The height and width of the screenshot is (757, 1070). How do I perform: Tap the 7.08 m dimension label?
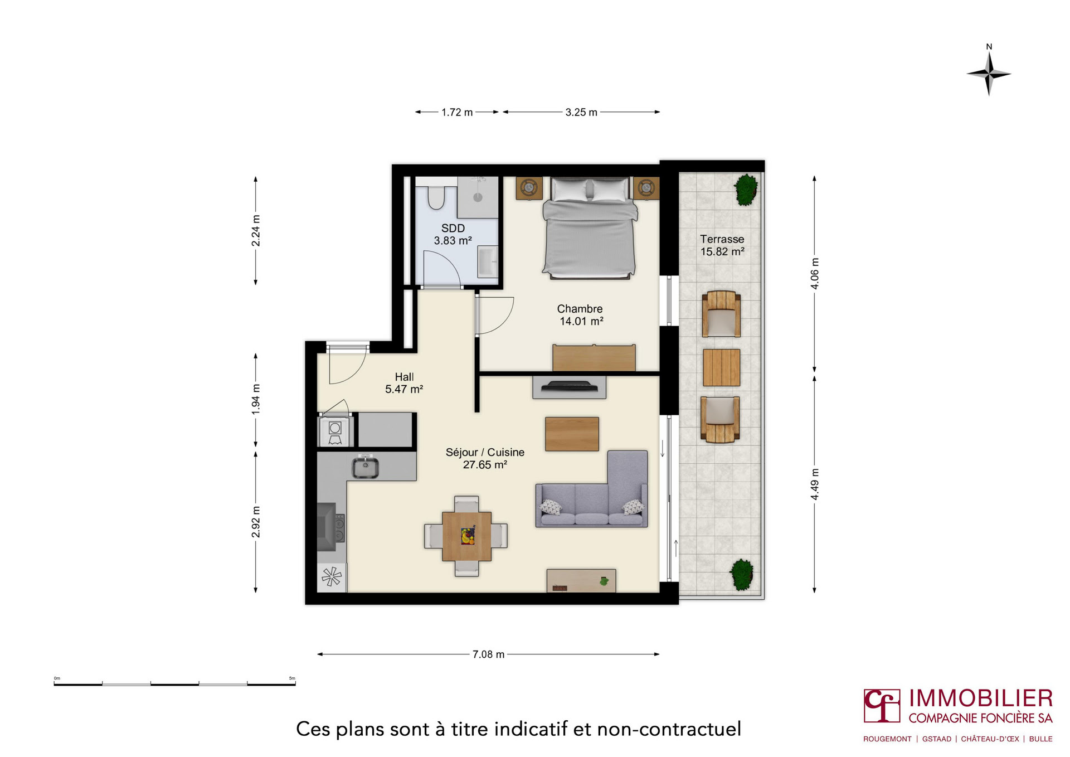tap(488, 654)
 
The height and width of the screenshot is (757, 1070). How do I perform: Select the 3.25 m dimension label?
tap(581, 112)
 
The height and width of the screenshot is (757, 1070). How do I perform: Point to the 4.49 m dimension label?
tap(815, 484)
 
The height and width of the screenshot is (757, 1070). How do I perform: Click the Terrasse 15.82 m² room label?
tap(722, 245)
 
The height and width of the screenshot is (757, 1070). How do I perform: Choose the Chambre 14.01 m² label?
tap(581, 315)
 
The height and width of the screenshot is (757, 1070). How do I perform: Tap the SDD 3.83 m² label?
tap(453, 234)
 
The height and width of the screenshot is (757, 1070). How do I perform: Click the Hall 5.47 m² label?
tap(404, 383)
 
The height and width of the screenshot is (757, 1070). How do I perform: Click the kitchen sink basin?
tap(366, 467)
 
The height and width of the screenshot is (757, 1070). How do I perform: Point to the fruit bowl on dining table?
tap(468, 536)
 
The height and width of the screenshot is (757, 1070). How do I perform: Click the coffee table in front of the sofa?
tap(572, 434)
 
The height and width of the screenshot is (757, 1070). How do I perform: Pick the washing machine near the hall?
tap(334, 431)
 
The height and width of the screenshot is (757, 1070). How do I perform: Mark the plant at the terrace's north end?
tap(746, 190)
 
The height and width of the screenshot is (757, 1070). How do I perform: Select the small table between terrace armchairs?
tap(721, 367)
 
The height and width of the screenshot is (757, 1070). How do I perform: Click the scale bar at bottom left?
tap(174, 683)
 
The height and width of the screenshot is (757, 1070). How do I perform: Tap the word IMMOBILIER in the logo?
tap(981, 698)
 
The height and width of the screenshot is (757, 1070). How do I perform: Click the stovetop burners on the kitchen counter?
tap(339, 528)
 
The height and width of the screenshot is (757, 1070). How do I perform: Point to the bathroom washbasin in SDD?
tap(488, 262)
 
